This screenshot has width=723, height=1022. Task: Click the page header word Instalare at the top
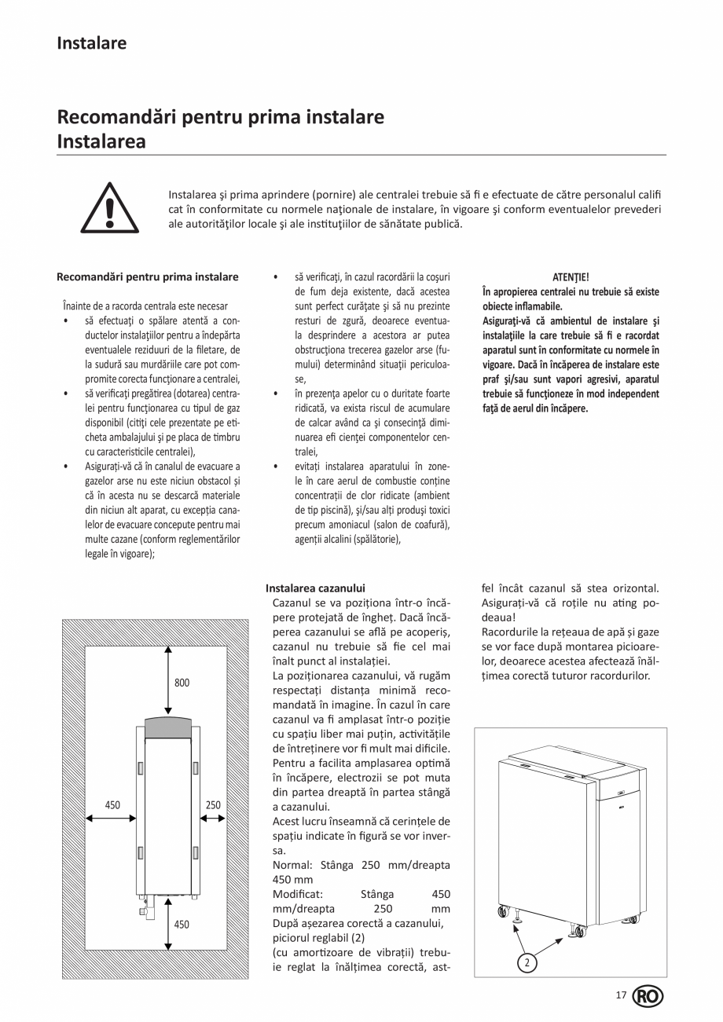pos(91,43)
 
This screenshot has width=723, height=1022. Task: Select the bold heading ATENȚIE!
pos(571,277)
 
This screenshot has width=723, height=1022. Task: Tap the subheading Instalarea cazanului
pos(315,588)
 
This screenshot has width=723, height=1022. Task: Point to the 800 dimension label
pos(182,683)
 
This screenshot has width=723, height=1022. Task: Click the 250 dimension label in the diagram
pos(213,804)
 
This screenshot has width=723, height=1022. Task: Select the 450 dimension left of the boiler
pos(112,804)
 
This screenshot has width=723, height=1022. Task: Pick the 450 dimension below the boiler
pos(182,925)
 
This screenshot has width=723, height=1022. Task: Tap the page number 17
pos(621,996)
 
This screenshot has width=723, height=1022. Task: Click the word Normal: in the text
pos(293,865)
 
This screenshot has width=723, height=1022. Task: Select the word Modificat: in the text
pos(299,894)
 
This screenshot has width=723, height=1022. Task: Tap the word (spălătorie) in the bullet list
pos(376,539)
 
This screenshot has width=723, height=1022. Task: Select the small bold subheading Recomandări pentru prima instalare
pos(148,277)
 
